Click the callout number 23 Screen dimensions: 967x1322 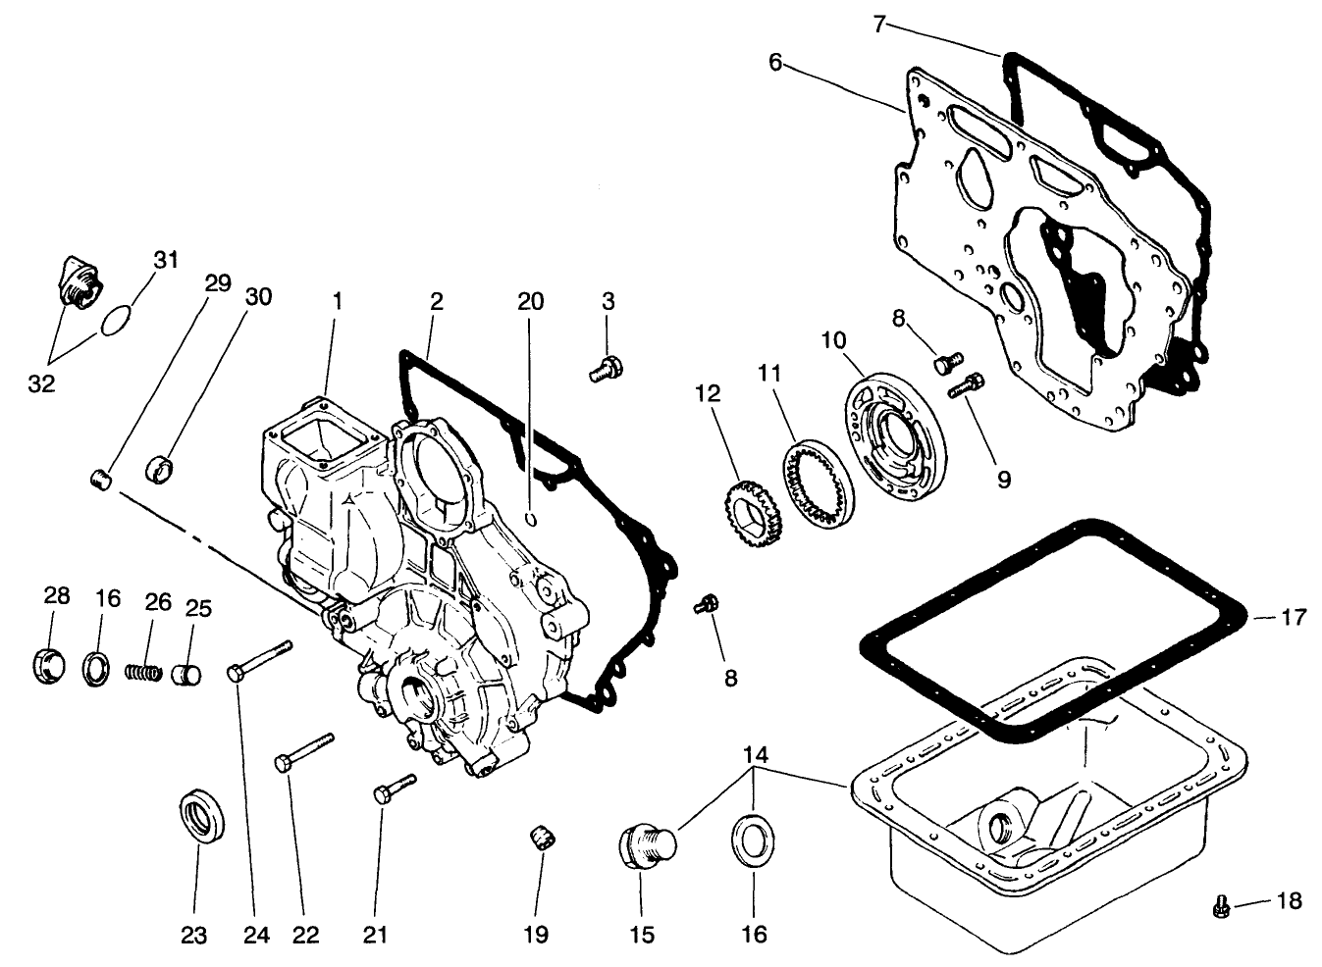click(194, 935)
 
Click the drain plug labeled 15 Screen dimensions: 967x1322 click(645, 845)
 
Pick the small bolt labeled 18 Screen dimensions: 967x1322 click(1221, 907)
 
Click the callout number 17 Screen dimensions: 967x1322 click(1295, 618)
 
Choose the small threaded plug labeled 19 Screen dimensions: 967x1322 click(539, 840)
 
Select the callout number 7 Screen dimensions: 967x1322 click(880, 24)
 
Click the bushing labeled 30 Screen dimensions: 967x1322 click(160, 467)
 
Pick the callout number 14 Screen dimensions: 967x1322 click(754, 756)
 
